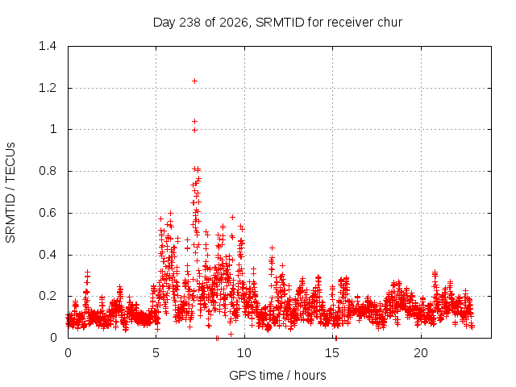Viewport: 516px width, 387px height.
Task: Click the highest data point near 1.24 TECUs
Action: pyautogui.click(x=194, y=81)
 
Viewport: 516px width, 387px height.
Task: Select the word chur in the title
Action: pyautogui.click(x=390, y=23)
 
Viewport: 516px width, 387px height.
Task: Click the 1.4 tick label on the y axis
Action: pyautogui.click(x=48, y=46)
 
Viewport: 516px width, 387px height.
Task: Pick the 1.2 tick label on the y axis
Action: pyautogui.click(x=48, y=88)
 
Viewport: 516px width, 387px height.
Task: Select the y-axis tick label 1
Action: pyautogui.click(x=53, y=129)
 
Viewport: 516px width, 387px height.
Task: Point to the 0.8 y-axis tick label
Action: pyautogui.click(x=48, y=171)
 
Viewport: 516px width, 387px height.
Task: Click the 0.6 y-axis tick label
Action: pyautogui.click(x=48, y=213)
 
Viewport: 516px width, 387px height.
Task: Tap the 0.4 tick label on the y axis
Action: pyautogui.click(x=48, y=255)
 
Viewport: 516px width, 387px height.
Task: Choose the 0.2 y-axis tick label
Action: pyautogui.click(x=48, y=296)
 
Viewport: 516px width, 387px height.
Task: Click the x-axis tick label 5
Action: pyautogui.click(x=156, y=353)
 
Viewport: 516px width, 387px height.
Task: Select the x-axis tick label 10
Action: pyautogui.click(x=243, y=353)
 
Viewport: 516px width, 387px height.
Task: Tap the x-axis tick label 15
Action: pyautogui.click(x=332, y=353)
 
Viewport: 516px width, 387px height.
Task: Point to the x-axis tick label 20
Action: pyautogui.click(x=421, y=353)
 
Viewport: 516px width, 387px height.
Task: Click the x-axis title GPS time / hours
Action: pyautogui.click(x=277, y=376)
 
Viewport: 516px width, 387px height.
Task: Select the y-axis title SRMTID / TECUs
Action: pyautogui.click(x=10, y=193)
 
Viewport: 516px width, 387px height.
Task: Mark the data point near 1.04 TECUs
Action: pyautogui.click(x=194, y=122)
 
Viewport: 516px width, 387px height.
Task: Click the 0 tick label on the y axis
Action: pyautogui.click(x=53, y=338)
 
